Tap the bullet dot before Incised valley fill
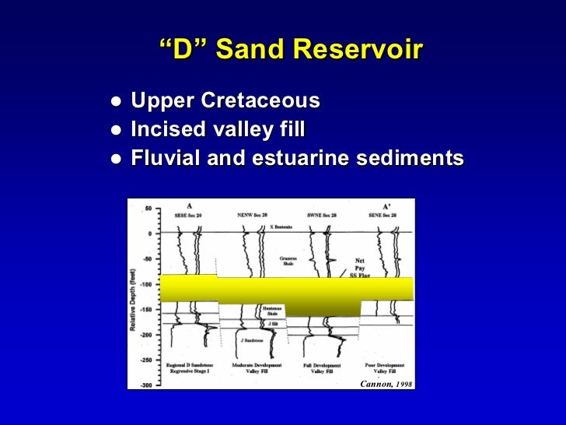click(x=115, y=130)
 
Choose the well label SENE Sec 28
click(x=383, y=214)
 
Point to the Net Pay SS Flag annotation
click(x=360, y=265)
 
